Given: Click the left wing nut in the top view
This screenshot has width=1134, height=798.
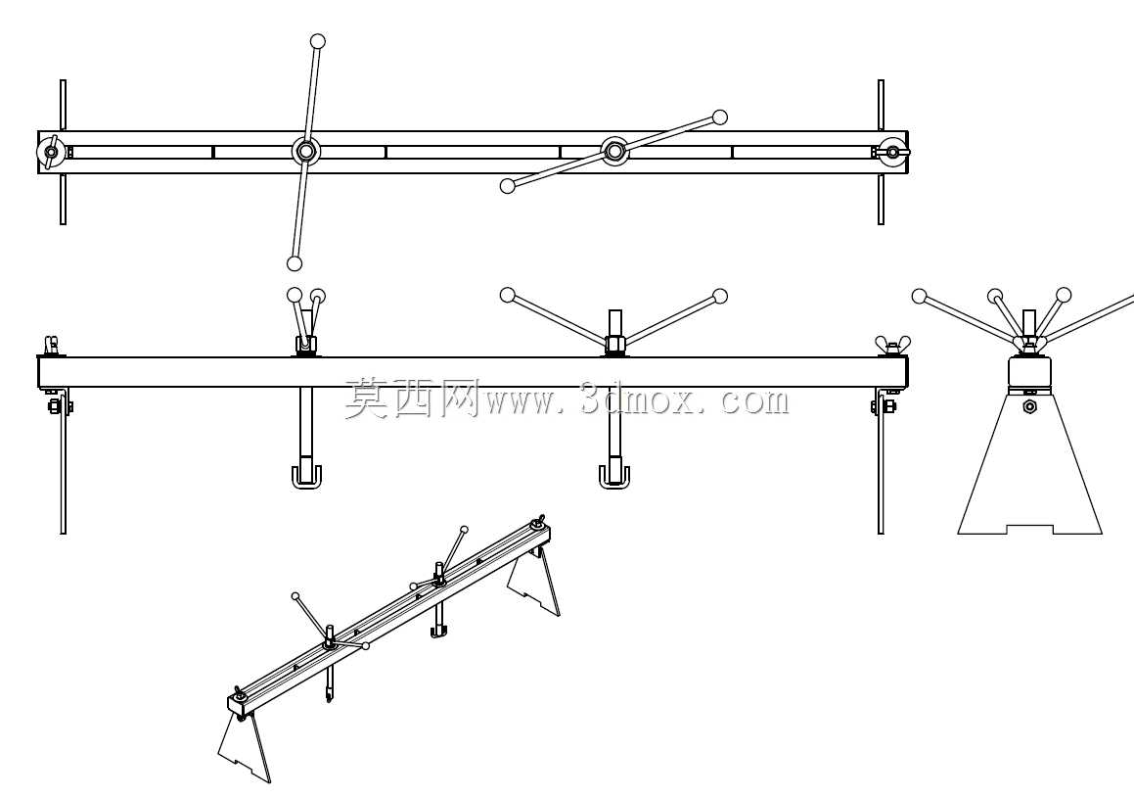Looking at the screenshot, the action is (x=51, y=152).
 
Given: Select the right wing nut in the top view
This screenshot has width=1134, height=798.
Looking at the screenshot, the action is (x=892, y=152).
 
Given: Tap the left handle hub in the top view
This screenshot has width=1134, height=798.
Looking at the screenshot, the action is (x=304, y=151).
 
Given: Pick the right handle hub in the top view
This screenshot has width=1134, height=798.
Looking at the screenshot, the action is (x=614, y=151).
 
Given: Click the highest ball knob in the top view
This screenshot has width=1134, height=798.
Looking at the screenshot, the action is (x=317, y=41).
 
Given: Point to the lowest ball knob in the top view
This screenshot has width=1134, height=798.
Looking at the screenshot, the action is (x=294, y=263).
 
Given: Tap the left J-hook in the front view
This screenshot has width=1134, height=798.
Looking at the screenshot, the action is (x=306, y=478).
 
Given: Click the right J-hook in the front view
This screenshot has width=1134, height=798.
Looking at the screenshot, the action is (x=614, y=478).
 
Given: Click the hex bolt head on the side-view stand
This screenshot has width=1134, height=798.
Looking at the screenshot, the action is (x=1029, y=406).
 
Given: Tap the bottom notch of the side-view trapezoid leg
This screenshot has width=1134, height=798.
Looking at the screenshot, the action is (x=1029, y=529).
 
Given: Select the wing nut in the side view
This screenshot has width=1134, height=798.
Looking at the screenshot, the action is (x=1029, y=342).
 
